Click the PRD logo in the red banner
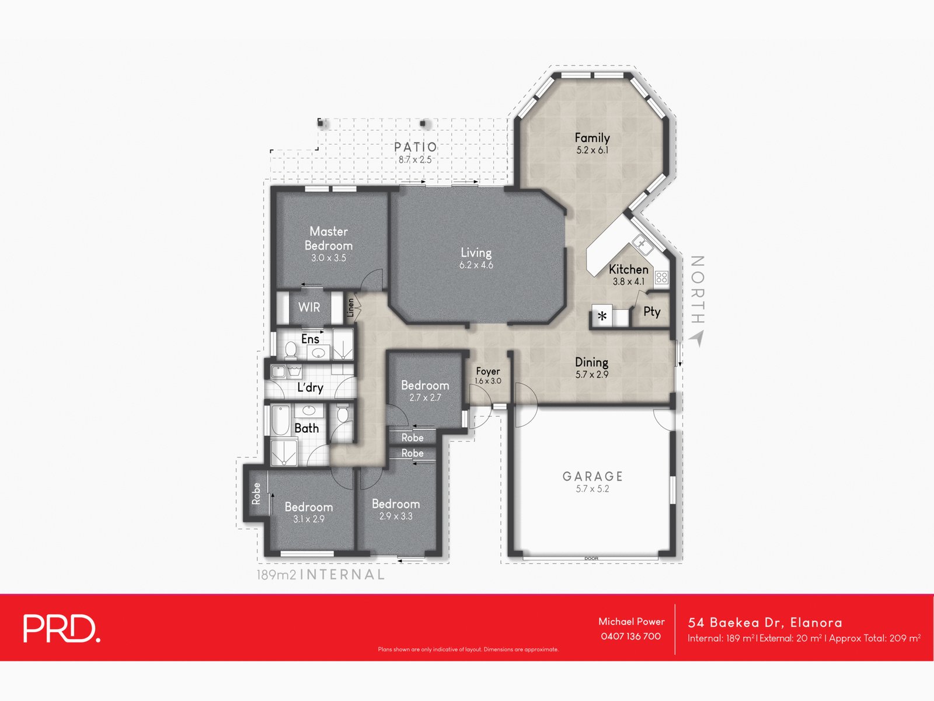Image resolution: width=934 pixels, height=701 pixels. pyautogui.click(x=62, y=628)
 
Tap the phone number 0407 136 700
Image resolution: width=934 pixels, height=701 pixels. pyautogui.click(x=630, y=636)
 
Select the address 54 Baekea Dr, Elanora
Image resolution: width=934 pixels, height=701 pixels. pyautogui.click(x=765, y=623)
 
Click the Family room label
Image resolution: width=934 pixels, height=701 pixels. pyautogui.click(x=592, y=138)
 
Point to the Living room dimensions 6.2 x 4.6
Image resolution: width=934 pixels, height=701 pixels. pyautogui.click(x=476, y=265)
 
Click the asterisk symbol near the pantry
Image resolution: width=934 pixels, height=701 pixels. pyautogui.click(x=602, y=316)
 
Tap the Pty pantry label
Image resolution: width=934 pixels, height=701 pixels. pyautogui.click(x=652, y=312)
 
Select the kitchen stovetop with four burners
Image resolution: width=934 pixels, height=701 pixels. pyautogui.click(x=661, y=277)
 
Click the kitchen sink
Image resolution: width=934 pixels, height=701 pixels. pyautogui.click(x=642, y=244)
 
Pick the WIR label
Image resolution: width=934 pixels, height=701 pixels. pyautogui.click(x=309, y=307)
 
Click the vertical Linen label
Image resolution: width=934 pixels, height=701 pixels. pyautogui.click(x=351, y=308)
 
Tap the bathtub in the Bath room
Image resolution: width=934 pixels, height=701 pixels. pyautogui.click(x=280, y=420)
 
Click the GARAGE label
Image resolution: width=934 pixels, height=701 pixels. pyautogui.click(x=593, y=476)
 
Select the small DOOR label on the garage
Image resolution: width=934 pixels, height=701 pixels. pyautogui.click(x=591, y=558)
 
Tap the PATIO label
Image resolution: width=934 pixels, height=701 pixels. pyautogui.click(x=415, y=147)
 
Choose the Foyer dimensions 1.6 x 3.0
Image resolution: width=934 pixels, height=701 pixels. pyautogui.click(x=487, y=381)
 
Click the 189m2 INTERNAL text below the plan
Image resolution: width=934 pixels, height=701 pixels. pyautogui.click(x=320, y=575)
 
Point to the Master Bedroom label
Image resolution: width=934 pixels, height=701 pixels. pyautogui.click(x=329, y=238)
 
